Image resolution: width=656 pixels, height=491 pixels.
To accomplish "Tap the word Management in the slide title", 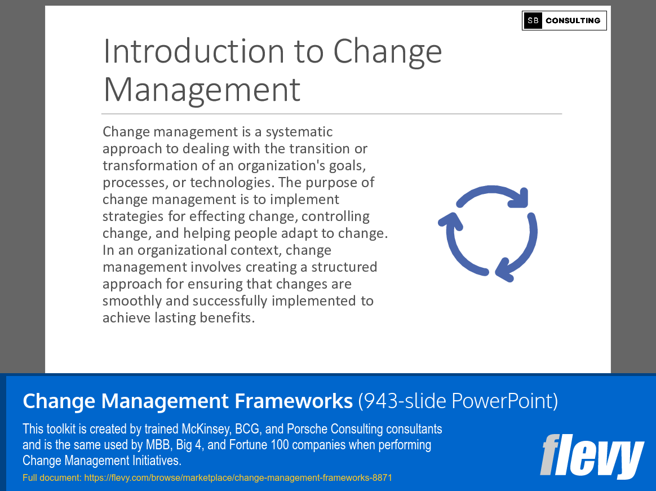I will click(202, 90).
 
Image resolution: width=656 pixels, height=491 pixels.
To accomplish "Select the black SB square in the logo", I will click(533, 20).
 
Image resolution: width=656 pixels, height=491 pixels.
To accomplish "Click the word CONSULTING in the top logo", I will click(573, 20).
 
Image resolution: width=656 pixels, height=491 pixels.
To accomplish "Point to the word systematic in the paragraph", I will click(299, 132).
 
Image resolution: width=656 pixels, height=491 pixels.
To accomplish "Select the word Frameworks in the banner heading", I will click(294, 401).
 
